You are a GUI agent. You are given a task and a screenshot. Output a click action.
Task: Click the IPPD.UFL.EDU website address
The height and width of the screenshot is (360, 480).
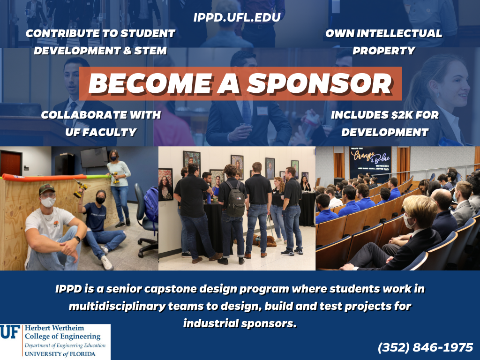click(237, 17)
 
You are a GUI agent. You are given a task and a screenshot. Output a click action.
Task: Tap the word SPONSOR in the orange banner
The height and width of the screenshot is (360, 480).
click(320, 83)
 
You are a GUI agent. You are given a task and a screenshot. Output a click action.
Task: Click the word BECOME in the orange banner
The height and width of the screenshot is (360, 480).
click(150, 83)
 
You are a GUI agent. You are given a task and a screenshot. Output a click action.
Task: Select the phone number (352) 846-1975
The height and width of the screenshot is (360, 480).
click(426, 347)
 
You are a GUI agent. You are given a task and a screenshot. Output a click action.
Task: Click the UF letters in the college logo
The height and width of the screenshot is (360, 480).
click(10, 332)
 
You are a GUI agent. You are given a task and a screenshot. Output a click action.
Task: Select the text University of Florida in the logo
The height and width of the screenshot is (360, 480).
click(60, 354)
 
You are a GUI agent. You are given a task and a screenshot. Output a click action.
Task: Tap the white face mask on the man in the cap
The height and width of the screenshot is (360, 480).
click(48, 202)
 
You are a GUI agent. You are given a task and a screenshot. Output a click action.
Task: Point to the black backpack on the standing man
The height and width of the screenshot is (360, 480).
click(235, 198)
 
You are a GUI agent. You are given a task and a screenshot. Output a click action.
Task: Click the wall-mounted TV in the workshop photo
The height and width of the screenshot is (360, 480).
click(94, 157)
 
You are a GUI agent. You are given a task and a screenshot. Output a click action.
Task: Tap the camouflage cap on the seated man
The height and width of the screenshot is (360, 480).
click(46, 188)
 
